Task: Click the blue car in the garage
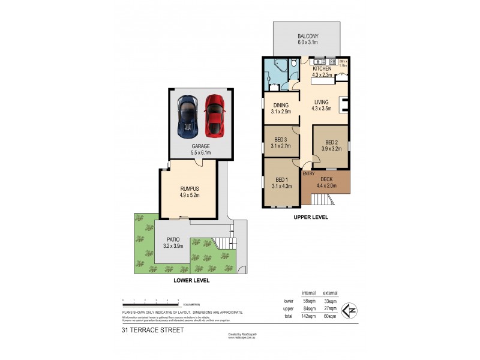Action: (x=188, y=115)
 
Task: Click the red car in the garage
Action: (x=214, y=115)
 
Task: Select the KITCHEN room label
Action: (x=322, y=69)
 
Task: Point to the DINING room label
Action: (x=280, y=105)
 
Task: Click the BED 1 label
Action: (x=281, y=179)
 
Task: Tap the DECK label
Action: (x=326, y=179)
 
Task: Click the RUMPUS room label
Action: (x=188, y=189)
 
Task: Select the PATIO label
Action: (x=173, y=239)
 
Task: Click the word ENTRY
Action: (x=308, y=174)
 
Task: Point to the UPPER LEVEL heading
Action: (x=310, y=217)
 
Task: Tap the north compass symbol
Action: (x=347, y=310)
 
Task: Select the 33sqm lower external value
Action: (x=330, y=301)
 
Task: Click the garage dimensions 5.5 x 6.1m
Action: (x=201, y=152)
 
